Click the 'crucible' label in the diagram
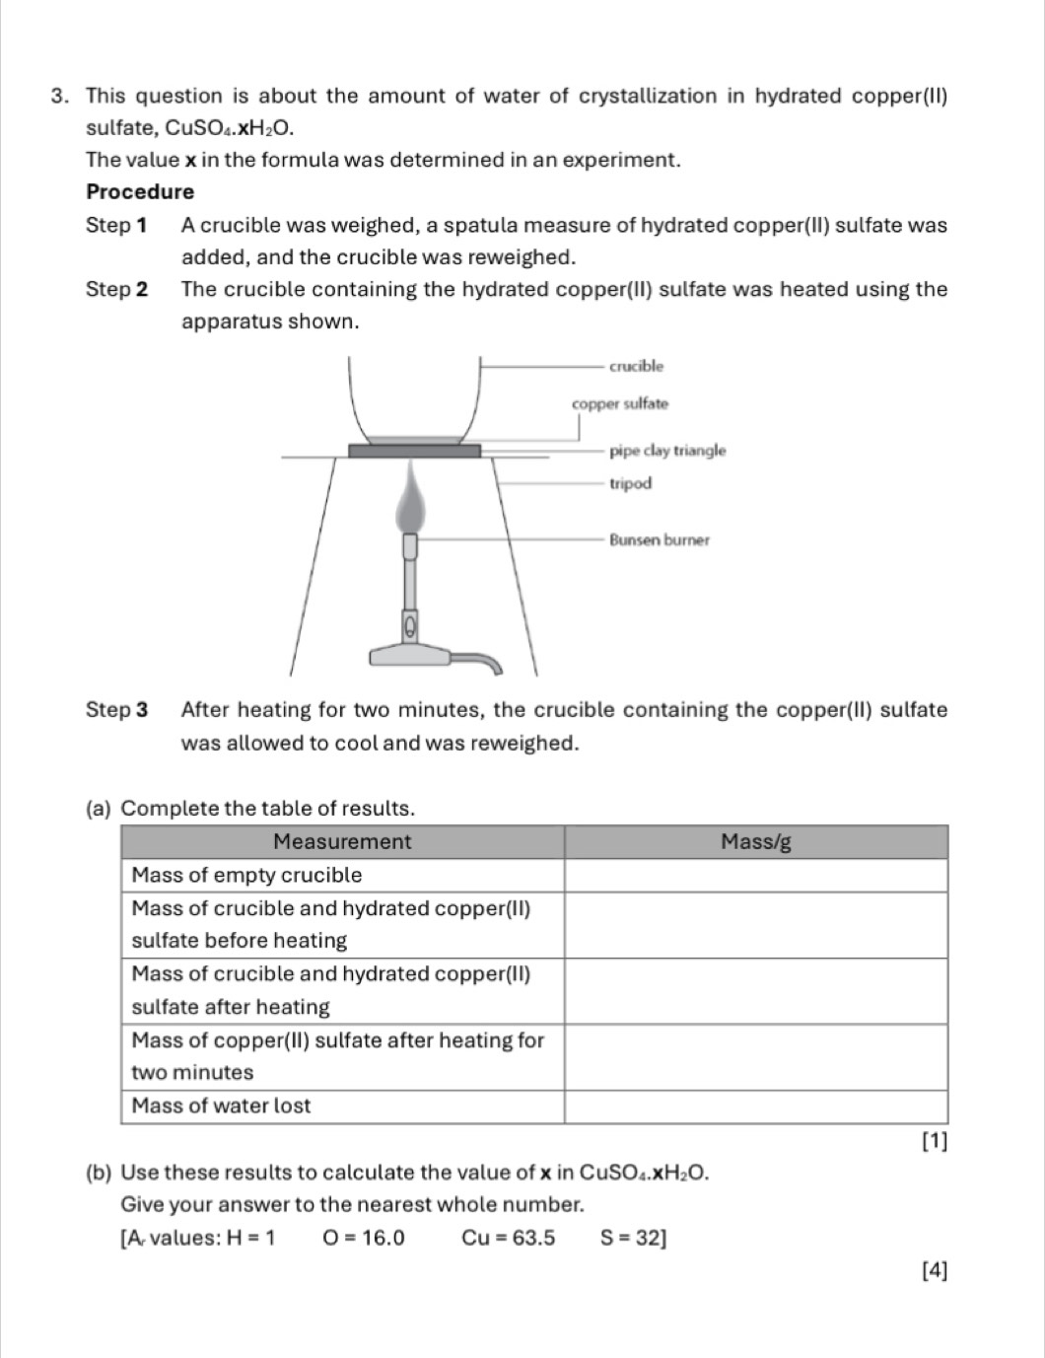click(636, 366)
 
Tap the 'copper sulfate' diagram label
click(620, 403)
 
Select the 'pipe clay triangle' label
click(667, 451)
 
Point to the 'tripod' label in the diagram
click(631, 483)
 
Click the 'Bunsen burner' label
click(660, 539)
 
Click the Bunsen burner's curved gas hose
click(478, 660)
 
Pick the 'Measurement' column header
click(342, 841)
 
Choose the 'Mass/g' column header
click(755, 841)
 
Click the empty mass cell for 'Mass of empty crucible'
click(755, 875)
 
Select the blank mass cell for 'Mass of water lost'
click(755, 1106)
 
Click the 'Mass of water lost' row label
click(221, 1106)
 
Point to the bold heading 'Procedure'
click(140, 191)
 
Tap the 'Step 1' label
click(116, 225)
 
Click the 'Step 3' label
click(116, 710)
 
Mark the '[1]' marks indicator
click(934, 1142)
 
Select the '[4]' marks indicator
click(934, 1271)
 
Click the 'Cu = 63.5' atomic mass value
click(508, 1238)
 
